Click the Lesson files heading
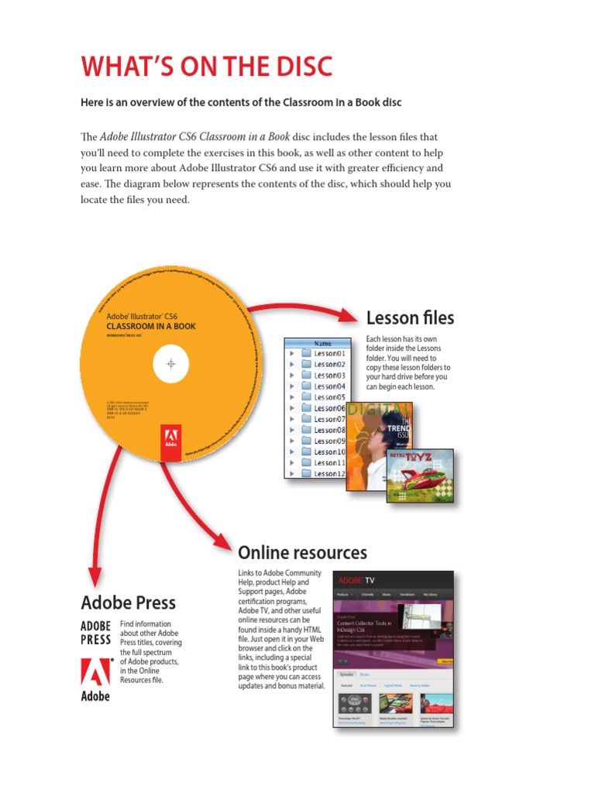[x=410, y=318]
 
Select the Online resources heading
[x=302, y=552]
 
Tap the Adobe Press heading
[x=128, y=602]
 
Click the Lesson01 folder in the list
[x=329, y=353]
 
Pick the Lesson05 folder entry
[x=329, y=397]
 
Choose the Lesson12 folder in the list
[x=329, y=473]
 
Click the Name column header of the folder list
[x=324, y=342]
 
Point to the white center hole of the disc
[x=172, y=364]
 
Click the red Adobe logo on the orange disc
[x=170, y=442]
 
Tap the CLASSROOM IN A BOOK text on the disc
[x=150, y=327]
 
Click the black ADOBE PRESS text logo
[x=96, y=633]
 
